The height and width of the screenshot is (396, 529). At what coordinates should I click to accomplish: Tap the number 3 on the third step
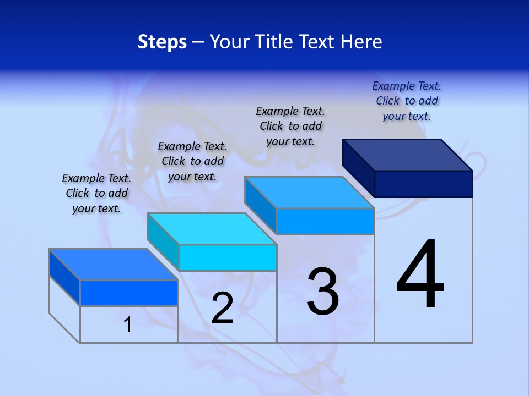323,291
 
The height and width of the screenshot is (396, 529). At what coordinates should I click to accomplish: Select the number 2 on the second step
222,308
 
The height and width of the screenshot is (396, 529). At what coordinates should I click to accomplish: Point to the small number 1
128,324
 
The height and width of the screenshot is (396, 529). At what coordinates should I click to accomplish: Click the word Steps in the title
162,42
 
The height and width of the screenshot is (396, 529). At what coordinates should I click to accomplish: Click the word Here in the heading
361,42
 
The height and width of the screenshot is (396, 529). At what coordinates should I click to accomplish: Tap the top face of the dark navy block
408,155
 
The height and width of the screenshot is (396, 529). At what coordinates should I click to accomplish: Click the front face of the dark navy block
423,184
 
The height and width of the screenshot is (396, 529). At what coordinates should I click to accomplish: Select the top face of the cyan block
212,228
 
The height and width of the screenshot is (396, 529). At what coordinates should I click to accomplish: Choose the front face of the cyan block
228,257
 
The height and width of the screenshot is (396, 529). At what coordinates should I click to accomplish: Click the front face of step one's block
129,293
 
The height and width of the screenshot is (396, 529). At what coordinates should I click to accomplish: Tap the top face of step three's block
309,193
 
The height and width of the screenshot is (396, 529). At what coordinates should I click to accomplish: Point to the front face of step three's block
325,221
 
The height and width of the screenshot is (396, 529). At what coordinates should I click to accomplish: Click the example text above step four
407,101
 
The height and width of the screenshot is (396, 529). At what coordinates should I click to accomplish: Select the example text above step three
290,126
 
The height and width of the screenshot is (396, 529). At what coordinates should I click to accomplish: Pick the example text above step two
192,161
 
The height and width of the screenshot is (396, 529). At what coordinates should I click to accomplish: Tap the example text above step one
96,193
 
